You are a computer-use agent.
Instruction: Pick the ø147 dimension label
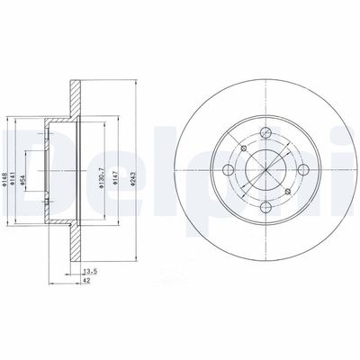114,162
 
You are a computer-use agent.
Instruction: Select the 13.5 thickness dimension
89,269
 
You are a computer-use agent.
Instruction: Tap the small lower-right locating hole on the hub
288,192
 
